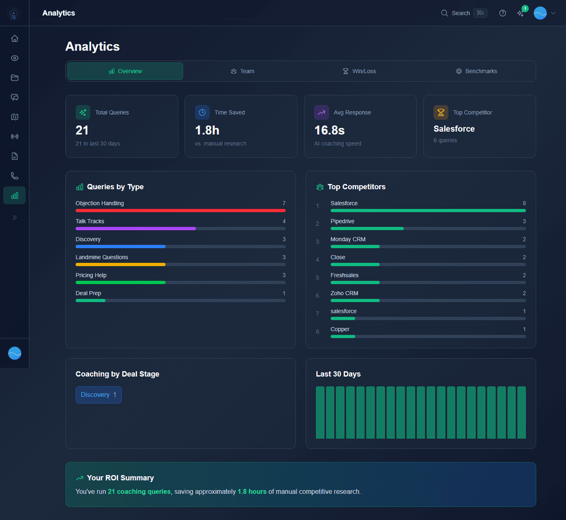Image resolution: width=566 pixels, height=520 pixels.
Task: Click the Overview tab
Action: [125, 71]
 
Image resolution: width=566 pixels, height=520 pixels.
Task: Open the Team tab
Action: [242, 71]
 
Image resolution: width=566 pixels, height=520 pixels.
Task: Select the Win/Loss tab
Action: [359, 71]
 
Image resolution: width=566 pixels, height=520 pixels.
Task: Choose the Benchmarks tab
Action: [476, 71]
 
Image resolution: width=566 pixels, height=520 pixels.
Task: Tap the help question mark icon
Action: [502, 13]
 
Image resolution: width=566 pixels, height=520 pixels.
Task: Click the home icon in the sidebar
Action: [15, 38]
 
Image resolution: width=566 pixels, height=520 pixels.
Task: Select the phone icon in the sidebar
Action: [15, 176]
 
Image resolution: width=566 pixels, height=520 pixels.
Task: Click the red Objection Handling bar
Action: [180, 210]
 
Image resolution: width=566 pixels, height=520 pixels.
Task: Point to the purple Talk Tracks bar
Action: [135, 228]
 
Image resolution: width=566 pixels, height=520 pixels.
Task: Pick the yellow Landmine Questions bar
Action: [120, 264]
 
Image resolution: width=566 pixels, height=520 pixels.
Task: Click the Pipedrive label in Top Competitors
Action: [342, 221]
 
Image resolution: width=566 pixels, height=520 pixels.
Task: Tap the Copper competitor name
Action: [340, 329]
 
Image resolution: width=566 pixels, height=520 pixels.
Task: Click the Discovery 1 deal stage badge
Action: [99, 395]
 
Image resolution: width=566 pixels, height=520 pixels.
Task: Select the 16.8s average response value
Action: [329, 130]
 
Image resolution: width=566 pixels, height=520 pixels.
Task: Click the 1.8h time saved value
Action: [207, 130]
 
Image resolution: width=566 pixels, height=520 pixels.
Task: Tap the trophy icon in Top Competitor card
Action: [441, 112]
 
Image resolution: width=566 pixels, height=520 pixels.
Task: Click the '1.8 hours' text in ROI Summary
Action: [252, 492]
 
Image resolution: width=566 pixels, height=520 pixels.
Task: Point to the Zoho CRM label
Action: [344, 294]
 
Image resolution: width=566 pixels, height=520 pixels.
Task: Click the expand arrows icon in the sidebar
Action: [15, 218]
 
